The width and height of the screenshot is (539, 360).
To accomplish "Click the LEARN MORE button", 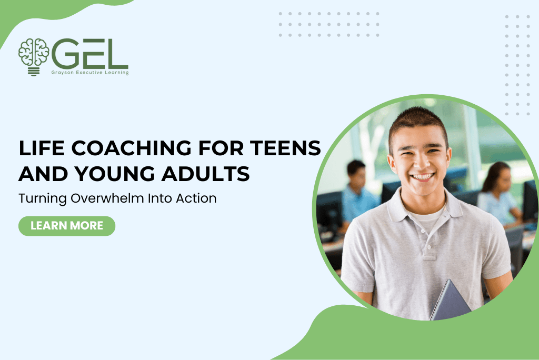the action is tap(67, 226).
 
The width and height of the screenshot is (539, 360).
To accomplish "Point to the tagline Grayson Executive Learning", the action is tap(89, 73).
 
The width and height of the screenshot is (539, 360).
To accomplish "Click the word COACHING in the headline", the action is tap(131, 148).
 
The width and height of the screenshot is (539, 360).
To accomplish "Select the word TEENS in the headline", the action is tap(285, 148).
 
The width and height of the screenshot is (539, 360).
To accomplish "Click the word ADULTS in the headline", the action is tap(206, 174).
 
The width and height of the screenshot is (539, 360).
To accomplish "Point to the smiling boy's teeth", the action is tap(423, 177).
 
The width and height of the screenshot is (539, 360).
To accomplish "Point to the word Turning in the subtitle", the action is tap(43, 199).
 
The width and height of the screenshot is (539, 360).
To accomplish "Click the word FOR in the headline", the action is tap(221, 148).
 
